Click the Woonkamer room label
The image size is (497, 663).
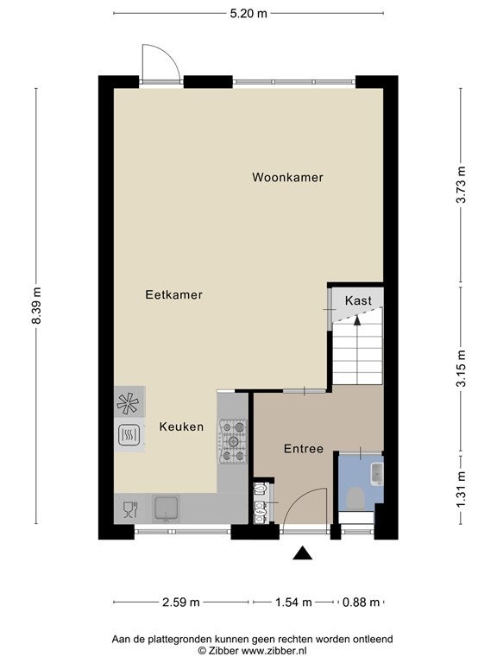tap(287, 177)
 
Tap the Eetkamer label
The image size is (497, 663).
tap(173, 294)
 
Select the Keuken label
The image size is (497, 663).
tap(181, 427)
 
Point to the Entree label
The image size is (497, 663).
tap(304, 449)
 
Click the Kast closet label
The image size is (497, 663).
tap(358, 300)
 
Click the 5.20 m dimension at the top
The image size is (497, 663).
tap(248, 14)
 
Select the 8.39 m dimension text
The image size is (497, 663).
tap(37, 306)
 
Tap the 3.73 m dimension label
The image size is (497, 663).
tap(461, 185)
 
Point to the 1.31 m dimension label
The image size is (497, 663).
tap(461, 489)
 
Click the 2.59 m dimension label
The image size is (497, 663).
tap(181, 602)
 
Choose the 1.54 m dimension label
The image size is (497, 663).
tap(293, 602)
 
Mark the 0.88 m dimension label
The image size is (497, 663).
tap(361, 602)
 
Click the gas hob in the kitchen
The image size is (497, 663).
tap(233, 441)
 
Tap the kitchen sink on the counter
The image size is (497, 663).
tap(166, 508)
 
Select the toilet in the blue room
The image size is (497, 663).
tap(355, 497)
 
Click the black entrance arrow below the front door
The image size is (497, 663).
tap(303, 553)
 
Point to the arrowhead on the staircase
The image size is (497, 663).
tap(357, 320)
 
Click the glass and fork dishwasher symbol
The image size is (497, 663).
tap(130, 509)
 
